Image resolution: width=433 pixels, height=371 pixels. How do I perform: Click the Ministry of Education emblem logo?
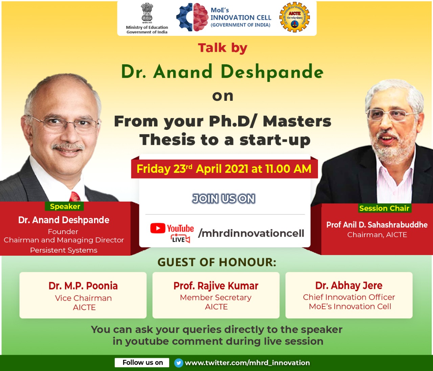[x=147, y=13]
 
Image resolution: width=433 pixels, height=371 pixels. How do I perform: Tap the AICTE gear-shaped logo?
[x=294, y=17]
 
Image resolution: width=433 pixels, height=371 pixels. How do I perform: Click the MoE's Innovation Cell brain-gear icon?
[x=192, y=17]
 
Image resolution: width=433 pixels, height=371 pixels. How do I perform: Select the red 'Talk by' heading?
[x=223, y=48]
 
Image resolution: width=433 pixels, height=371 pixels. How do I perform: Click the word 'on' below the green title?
[x=223, y=96]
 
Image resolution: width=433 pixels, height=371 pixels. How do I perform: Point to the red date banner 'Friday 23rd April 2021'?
[x=224, y=169]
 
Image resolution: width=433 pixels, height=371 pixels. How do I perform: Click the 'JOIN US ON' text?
[x=224, y=199]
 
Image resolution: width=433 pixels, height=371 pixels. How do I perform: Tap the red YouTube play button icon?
[x=158, y=228]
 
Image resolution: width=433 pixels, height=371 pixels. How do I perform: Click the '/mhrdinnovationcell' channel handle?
[x=251, y=233]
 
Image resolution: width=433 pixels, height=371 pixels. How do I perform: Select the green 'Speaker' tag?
[x=65, y=206]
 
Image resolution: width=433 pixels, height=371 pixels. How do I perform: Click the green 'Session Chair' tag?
[x=384, y=208]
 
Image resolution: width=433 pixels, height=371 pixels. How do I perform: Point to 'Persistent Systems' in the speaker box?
[x=64, y=250]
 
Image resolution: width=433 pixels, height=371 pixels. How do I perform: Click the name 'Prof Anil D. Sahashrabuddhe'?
[x=377, y=225]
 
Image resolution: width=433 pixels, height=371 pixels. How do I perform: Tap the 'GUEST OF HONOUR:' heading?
[x=217, y=262]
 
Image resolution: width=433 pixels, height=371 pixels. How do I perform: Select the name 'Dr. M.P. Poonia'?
[x=83, y=286]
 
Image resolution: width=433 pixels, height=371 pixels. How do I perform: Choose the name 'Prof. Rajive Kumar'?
[x=216, y=286]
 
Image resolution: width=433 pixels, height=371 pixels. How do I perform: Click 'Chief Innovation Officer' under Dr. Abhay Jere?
[x=349, y=297]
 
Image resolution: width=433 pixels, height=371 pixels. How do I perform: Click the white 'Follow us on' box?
[x=142, y=363]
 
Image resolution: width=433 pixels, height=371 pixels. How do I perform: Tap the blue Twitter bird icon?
[x=179, y=363]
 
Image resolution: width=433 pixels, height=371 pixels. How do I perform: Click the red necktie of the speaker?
[x=75, y=196]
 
